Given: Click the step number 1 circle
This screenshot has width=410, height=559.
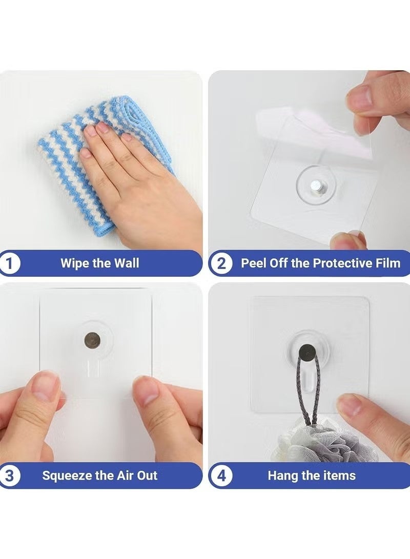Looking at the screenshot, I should (x=10, y=264).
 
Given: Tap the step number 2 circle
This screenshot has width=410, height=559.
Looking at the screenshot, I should (x=221, y=264).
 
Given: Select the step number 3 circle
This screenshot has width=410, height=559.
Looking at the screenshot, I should (x=10, y=475).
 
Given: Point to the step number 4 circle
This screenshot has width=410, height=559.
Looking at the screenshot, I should (x=221, y=475).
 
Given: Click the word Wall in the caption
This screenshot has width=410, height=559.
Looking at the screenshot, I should (x=126, y=263).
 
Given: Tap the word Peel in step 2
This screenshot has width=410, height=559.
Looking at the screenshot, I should (x=254, y=263).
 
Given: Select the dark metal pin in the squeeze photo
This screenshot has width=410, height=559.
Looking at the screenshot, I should (x=92, y=339).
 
